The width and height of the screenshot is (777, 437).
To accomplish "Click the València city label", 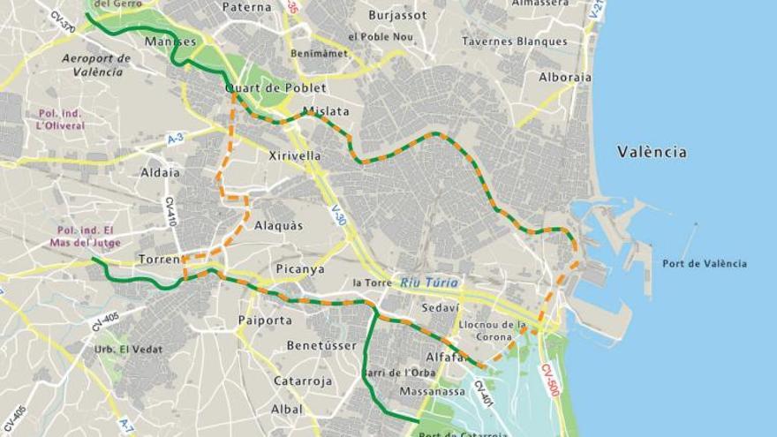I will [x=652, y=152].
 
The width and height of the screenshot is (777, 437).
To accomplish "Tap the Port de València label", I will [x=705, y=263].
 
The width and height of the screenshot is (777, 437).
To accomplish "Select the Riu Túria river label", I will [x=429, y=283].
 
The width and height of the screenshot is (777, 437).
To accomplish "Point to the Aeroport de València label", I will [x=96, y=65].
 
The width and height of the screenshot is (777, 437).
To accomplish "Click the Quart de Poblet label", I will [x=275, y=88].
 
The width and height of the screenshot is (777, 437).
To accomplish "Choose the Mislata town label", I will [x=326, y=112].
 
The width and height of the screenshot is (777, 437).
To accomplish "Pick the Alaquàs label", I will [x=278, y=225].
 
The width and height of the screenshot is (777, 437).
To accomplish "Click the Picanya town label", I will [x=299, y=269].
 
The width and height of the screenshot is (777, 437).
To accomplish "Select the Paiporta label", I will [x=265, y=320].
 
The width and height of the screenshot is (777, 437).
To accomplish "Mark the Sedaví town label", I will [x=440, y=308].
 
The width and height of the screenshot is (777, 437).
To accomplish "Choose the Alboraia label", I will [x=565, y=77].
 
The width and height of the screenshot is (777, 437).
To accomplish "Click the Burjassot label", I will [x=398, y=15].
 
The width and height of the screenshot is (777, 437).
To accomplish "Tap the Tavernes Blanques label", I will [x=515, y=41].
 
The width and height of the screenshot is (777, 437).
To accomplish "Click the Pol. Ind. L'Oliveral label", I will [x=61, y=119].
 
